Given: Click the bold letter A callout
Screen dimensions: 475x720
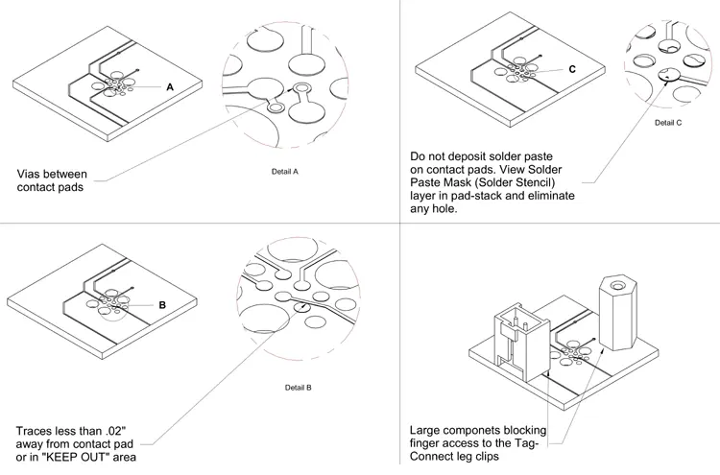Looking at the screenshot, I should click(x=170, y=87).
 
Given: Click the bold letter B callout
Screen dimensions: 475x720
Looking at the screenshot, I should click(x=162, y=305).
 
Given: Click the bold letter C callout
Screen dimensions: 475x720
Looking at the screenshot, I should click(x=572, y=70).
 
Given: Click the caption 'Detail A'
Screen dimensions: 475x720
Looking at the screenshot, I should click(x=286, y=172).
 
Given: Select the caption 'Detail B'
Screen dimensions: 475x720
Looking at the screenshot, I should click(x=299, y=388).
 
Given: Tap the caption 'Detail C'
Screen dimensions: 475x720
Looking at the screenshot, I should click(x=668, y=123).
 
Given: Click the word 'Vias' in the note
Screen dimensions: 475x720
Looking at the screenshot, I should click(x=32, y=175).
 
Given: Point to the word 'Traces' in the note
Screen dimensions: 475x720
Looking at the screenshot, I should click(x=37, y=429).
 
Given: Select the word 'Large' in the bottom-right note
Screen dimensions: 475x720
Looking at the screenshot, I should click(x=428, y=430).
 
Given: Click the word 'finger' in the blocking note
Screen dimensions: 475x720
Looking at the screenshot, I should click(x=427, y=443).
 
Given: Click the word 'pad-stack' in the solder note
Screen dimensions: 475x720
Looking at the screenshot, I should click(x=486, y=196).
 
